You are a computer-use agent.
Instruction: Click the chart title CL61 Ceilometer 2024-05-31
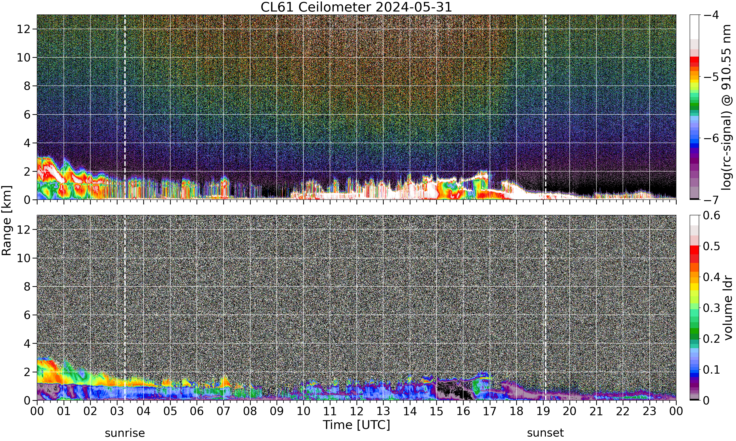356,7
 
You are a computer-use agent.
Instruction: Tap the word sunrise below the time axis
125,433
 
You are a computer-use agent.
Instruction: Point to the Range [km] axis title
7,220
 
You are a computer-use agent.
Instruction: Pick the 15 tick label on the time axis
436,411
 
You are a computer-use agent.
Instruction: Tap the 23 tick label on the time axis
649,411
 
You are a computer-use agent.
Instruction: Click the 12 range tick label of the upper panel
24,29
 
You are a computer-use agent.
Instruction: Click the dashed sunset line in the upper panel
545,107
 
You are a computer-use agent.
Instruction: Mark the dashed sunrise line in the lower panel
125,307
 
